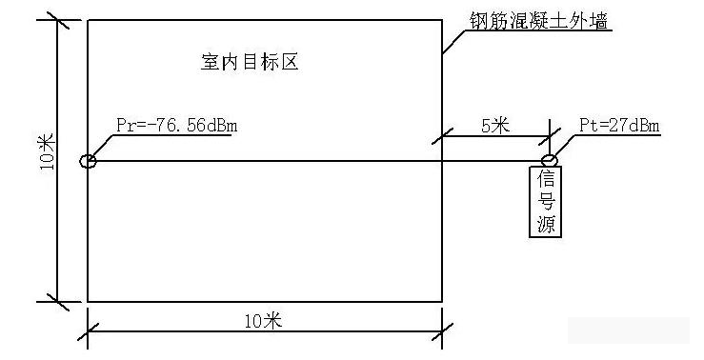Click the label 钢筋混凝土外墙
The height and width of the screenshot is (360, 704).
(538, 20)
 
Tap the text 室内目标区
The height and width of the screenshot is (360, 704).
(250, 64)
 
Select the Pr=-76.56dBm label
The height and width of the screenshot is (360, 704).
(174, 125)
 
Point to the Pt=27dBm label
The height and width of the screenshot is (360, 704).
(620, 125)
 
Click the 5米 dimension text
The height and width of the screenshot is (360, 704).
(494, 126)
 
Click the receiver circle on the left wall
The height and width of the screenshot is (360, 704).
(88, 161)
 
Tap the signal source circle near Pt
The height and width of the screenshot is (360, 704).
(550, 160)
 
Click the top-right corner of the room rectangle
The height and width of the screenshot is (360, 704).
(442, 20)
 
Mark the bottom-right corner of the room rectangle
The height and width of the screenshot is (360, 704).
(442, 301)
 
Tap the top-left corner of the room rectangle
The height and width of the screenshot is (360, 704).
(88, 20)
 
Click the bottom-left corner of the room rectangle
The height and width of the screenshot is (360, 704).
(88, 301)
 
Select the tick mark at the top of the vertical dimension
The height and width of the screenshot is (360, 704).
(58, 20)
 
